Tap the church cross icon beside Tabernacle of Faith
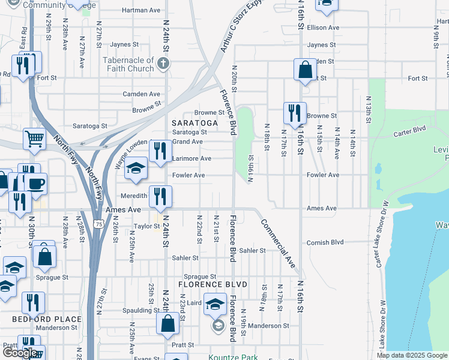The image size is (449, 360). pos(161,62)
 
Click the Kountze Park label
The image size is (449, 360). pos(233,358)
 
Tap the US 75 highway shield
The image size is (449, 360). pos(97,223)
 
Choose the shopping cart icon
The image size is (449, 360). pos(34,140)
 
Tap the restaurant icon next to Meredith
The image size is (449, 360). pos(160,196)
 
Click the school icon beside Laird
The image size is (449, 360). pos(215,304)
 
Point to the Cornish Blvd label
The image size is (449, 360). pos(325,242)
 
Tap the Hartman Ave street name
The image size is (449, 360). pos(141,10)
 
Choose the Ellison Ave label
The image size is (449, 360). pos(323,28)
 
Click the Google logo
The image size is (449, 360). pos(20,353)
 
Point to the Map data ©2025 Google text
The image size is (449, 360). pos(411,355)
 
